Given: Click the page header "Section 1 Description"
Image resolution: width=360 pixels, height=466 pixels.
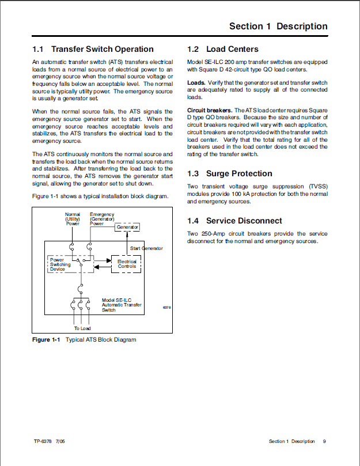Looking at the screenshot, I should pos(278,26).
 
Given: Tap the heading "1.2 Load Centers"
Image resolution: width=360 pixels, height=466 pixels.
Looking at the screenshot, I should pos(223,49).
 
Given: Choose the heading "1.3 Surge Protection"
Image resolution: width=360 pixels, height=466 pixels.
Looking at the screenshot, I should pos(230,173).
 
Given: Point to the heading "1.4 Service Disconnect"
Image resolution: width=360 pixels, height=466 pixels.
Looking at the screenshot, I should pos(234,221).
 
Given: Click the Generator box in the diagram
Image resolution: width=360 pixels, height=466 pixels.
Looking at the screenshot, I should pos(127,227).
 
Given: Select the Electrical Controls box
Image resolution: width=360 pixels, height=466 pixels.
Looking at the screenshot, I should pos(127,264).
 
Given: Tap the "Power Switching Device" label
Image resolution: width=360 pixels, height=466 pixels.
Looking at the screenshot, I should pos(60,264).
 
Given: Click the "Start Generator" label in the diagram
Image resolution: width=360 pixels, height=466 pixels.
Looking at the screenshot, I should pos(146,248).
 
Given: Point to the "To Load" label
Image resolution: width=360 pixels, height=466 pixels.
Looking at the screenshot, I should pos(82,328).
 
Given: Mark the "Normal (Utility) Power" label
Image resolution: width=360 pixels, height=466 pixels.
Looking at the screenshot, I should pos(73,219).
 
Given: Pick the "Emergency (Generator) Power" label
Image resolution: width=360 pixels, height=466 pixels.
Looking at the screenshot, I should pos(102,219).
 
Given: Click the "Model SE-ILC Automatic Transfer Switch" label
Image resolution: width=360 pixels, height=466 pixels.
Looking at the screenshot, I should pos(122,305).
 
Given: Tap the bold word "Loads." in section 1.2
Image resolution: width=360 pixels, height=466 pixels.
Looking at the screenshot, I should pos(196,83).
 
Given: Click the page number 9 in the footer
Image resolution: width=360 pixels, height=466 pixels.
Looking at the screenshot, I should pos(324,441).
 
